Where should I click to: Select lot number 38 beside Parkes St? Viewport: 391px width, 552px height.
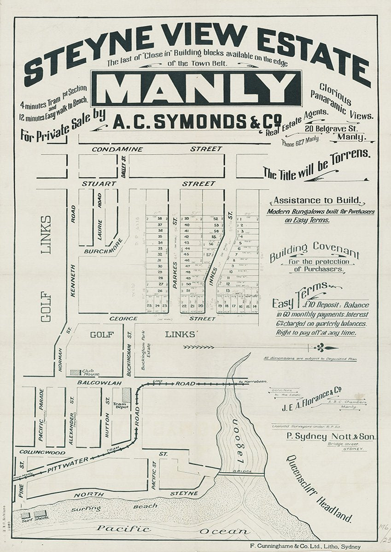(x=160, y=218)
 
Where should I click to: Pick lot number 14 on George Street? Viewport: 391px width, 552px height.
(x=255, y=305)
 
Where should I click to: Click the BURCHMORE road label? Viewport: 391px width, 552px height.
(x=103, y=248)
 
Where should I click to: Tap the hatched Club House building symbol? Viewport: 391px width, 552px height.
(x=75, y=372)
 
